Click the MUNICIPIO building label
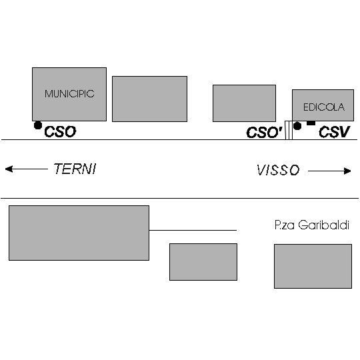[69, 94]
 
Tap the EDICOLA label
[324, 107]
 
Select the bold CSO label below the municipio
[60, 132]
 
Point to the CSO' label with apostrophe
[264, 133]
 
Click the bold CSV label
[334, 132]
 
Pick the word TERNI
[75, 169]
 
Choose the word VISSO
[278, 170]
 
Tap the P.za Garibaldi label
[312, 225]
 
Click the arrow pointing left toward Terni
[27, 169]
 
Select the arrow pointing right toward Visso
[329, 171]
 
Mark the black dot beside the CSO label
[38, 125]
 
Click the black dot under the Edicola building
[297, 126]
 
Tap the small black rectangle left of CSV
[311, 123]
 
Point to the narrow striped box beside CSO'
[289, 130]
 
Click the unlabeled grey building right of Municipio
[150, 99]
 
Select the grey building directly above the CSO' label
[244, 103]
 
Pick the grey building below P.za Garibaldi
[313, 266]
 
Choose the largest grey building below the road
[79, 233]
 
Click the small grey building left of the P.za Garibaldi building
[203, 262]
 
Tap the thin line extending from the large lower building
[193, 230]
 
